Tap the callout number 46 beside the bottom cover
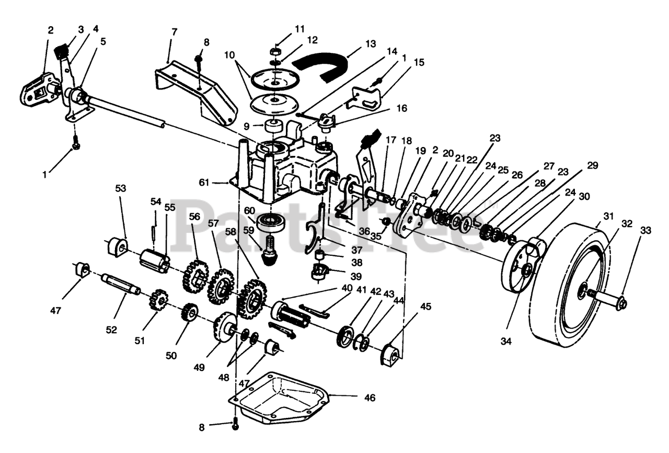(x=370, y=398)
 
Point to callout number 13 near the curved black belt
(x=371, y=44)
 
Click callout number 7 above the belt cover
(x=174, y=32)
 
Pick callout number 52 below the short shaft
(x=111, y=330)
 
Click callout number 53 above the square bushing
(x=121, y=188)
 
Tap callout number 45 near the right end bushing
(x=426, y=307)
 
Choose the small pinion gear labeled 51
(x=157, y=299)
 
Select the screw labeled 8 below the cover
(x=235, y=427)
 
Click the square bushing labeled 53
(x=117, y=246)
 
